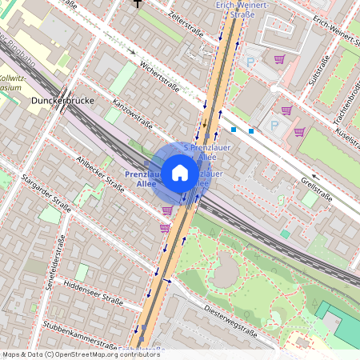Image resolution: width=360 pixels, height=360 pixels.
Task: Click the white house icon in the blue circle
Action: pyautogui.click(x=180, y=172)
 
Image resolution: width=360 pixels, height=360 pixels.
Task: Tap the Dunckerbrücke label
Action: pyautogui.click(x=62, y=102)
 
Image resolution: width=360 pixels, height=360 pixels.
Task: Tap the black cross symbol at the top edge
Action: pyautogui.click(x=138, y=2)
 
